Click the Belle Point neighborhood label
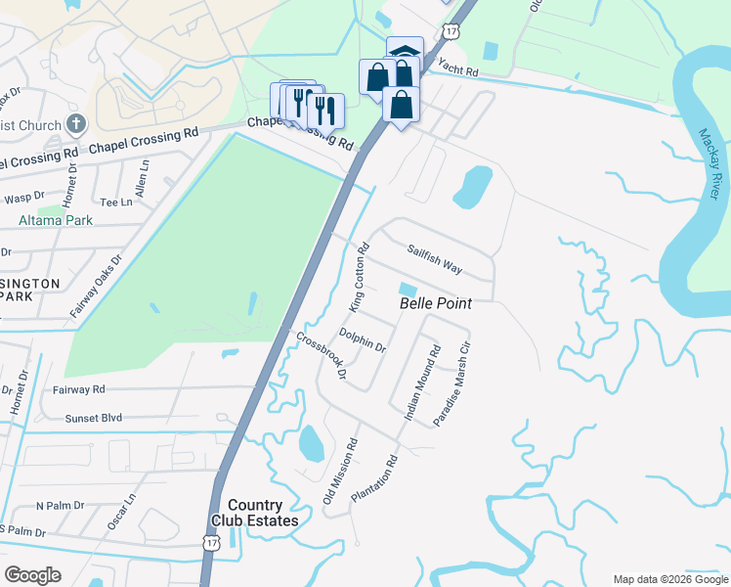click(436, 304)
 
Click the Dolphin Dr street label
click(363, 340)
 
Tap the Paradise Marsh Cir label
click(452, 383)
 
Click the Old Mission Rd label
click(341, 472)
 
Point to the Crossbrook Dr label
click(322, 354)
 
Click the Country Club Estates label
click(257, 513)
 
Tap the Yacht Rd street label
click(457, 68)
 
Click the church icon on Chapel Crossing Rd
click(76, 124)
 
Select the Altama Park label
click(56, 220)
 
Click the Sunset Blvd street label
click(94, 418)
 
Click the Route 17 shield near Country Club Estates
click(211, 541)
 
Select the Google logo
click(33, 575)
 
